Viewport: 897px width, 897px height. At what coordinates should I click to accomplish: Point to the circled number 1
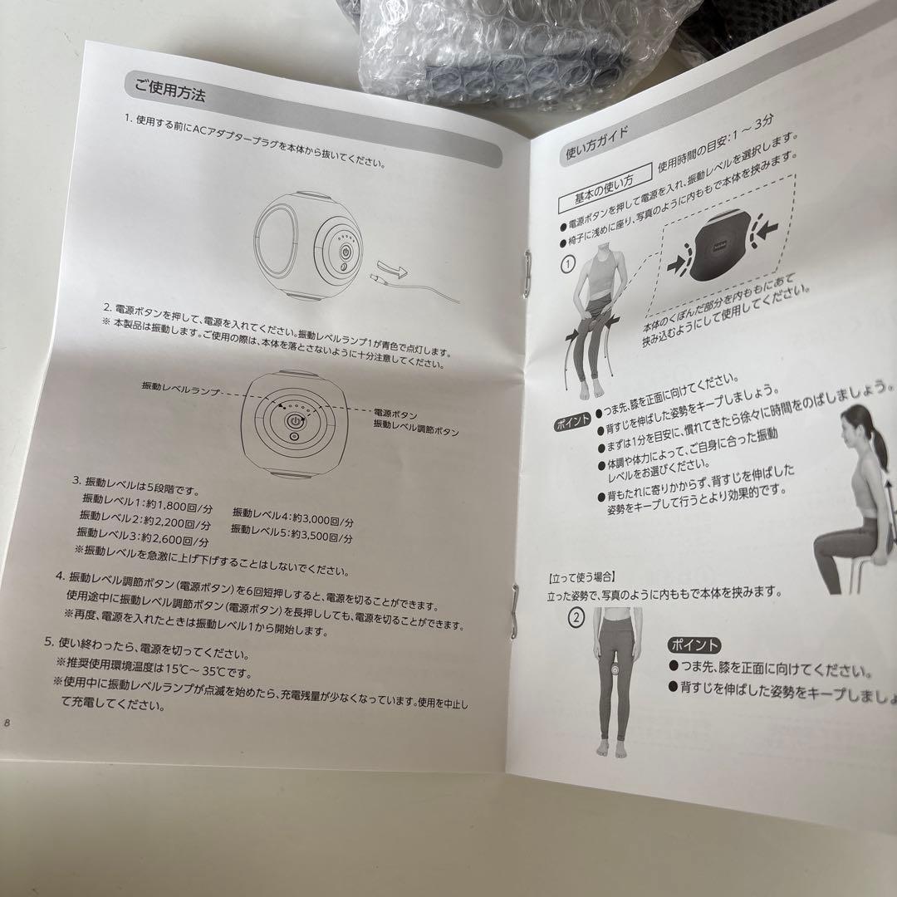[569, 265]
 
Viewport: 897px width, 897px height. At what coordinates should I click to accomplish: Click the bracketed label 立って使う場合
[581, 575]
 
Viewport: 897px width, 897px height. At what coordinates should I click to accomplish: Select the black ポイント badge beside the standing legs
[694, 646]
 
